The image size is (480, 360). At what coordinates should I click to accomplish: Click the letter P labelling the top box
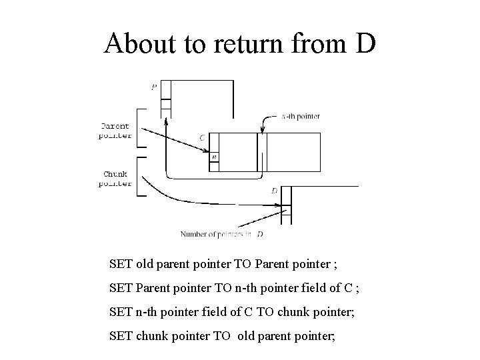155,87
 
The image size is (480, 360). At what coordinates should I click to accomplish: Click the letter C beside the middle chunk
202,137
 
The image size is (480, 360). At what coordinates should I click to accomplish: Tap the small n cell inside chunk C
213,157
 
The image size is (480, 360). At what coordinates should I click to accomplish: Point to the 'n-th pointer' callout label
300,116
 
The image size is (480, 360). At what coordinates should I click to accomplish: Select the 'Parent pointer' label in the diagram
115,130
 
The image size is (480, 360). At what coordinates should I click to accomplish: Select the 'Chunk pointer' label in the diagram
115,178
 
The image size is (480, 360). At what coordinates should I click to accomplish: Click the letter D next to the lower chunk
274,191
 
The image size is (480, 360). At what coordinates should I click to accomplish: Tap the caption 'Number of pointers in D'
221,234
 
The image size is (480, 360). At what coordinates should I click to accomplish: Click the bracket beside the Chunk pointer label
139,177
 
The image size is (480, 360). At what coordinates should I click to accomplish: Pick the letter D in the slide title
365,44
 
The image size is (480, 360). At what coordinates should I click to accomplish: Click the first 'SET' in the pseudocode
121,263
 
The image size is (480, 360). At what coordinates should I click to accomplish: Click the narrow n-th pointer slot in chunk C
262,153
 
